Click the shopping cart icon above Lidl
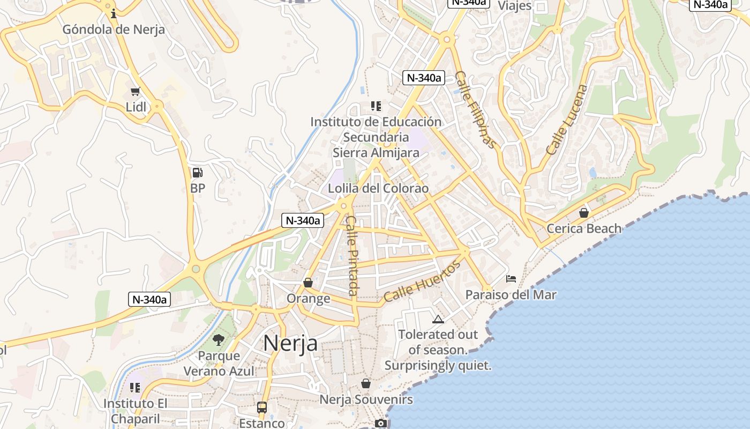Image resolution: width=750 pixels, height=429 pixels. click(x=135, y=92)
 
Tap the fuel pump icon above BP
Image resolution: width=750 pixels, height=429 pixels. click(x=197, y=173)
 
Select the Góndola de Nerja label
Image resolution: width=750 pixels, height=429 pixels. click(x=114, y=29)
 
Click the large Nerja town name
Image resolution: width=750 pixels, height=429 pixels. click(x=290, y=343)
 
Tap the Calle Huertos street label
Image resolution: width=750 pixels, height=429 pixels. click(x=422, y=281)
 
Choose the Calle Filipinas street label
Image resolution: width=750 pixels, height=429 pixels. click(x=475, y=109)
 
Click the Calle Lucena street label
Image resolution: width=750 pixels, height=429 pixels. click(x=567, y=120)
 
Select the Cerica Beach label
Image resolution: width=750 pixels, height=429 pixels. click(x=583, y=229)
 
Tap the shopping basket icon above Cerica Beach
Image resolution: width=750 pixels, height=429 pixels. click(x=583, y=213)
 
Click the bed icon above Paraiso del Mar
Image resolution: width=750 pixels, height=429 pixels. click(x=511, y=279)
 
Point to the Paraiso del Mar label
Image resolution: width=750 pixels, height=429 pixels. click(x=511, y=295)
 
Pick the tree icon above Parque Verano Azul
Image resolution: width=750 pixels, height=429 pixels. click(x=218, y=339)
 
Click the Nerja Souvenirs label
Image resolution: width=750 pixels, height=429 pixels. click(x=366, y=400)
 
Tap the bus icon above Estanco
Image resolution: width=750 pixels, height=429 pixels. click(x=261, y=408)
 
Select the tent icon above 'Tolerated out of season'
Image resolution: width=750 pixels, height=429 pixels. click(x=438, y=320)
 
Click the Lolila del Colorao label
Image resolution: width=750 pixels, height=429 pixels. click(x=378, y=189)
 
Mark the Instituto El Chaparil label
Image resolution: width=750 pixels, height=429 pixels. click(x=136, y=411)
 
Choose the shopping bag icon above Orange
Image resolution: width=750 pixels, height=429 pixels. click(x=308, y=282)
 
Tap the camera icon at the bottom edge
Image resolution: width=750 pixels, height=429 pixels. click(x=381, y=424)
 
